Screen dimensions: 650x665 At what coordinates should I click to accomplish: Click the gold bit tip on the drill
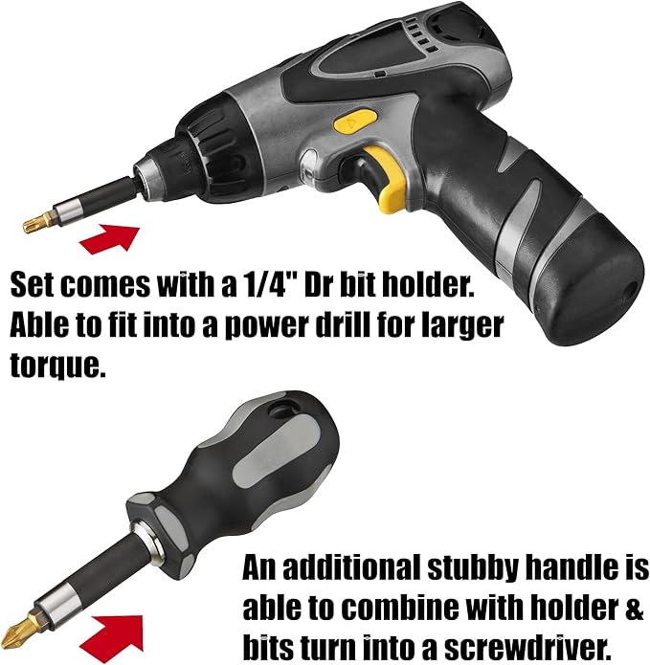point(38,220)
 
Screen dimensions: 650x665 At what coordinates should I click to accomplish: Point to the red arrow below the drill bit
point(109,239)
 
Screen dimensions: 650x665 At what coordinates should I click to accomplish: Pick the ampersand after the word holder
point(635,608)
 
